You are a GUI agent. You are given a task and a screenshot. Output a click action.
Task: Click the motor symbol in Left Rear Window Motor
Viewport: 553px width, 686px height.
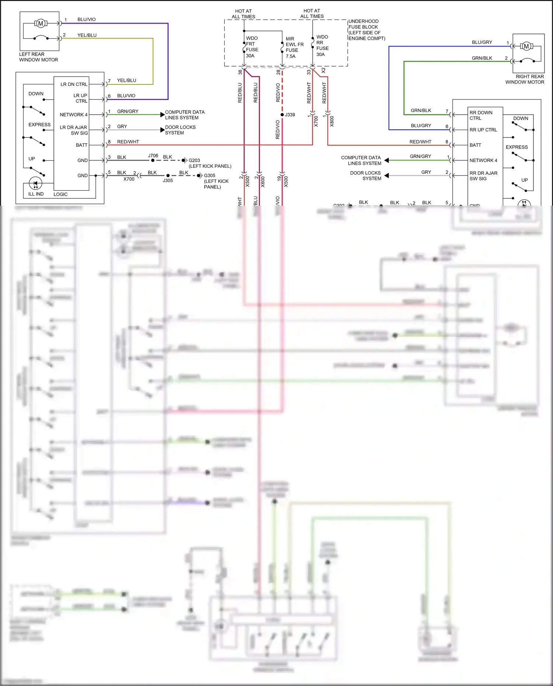[41, 24]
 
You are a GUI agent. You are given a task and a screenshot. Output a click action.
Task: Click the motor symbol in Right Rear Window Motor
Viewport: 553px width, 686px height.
[526, 46]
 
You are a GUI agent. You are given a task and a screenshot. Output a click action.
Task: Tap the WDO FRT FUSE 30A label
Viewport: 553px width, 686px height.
[252, 47]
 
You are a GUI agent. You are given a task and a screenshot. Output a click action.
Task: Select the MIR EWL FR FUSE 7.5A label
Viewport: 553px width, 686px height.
[294, 48]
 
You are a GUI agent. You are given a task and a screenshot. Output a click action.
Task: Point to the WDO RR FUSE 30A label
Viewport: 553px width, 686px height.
[322, 46]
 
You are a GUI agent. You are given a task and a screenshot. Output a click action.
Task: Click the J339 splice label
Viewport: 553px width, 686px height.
[290, 115]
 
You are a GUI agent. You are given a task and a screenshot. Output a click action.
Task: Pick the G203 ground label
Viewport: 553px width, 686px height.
[194, 160]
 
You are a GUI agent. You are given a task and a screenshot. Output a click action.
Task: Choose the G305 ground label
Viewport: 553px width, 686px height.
[209, 175]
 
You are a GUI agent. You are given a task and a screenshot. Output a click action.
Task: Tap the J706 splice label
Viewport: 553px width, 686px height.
[153, 156]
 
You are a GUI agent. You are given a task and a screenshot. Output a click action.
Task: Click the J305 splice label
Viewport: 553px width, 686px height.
[168, 181]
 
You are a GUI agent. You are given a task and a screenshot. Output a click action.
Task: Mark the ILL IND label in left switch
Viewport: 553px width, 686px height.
[36, 194]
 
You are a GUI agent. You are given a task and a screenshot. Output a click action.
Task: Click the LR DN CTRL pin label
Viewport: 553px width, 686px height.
[74, 84]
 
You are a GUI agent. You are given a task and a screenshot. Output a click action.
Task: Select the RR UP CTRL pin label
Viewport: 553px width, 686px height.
[483, 130]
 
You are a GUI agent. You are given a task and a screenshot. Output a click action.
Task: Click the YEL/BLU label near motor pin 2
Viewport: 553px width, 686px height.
[87, 35]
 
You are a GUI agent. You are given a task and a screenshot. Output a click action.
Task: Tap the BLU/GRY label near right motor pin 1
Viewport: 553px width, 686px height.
[482, 42]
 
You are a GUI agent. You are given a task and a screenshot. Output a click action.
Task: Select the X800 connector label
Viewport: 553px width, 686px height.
[332, 121]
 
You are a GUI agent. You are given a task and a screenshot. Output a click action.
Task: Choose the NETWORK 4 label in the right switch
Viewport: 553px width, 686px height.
[483, 160]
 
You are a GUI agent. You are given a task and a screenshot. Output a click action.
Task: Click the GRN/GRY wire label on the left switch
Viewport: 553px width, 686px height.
[128, 111]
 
